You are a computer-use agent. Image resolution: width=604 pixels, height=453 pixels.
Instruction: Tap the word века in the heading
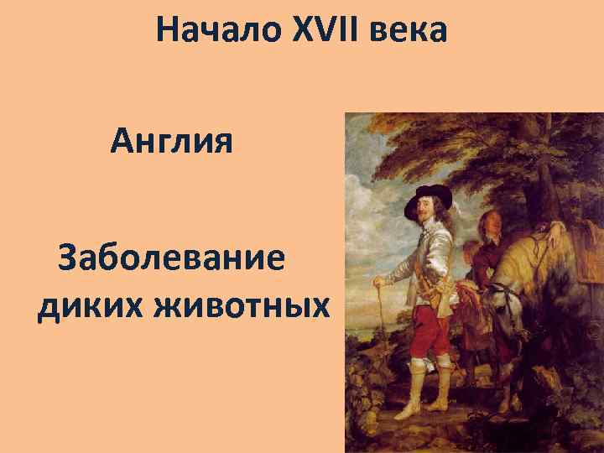coord(411,32)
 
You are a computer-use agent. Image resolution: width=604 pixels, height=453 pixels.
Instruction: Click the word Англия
coord(170,141)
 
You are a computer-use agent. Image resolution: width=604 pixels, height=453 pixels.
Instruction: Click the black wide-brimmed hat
coord(427,198)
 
